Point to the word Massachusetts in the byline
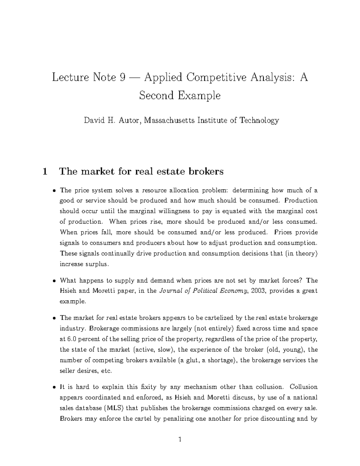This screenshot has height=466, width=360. pyautogui.click(x=169, y=121)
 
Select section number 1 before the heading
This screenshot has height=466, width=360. pyautogui.click(x=45, y=172)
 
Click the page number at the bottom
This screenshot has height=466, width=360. pyautogui.click(x=180, y=440)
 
